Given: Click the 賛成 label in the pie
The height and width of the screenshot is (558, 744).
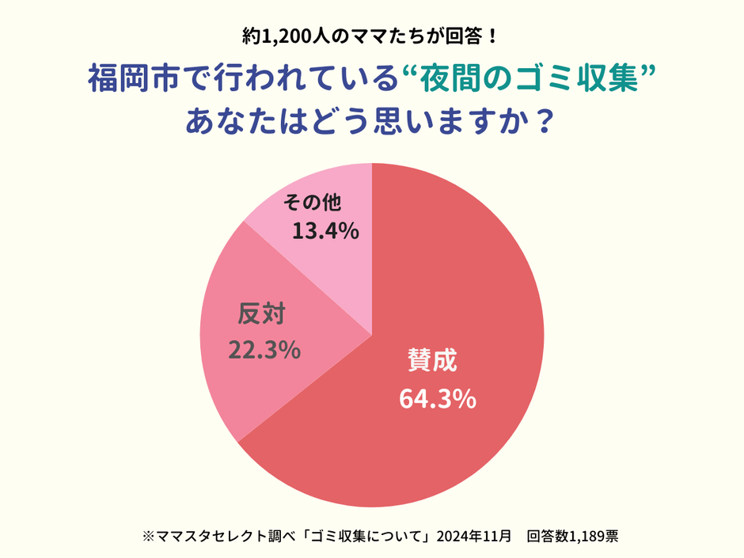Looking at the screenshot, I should [432, 362].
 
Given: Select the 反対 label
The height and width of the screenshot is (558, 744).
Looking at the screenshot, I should [261, 314].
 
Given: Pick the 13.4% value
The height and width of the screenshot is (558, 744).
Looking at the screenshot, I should [326, 231].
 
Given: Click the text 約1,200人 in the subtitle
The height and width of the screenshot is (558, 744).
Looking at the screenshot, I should [276, 36].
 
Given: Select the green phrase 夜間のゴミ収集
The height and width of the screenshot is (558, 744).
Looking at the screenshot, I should [528, 79].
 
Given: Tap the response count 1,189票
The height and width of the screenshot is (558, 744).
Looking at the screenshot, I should [592, 536].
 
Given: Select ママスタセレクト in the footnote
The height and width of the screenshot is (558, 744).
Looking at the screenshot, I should [213, 536].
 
